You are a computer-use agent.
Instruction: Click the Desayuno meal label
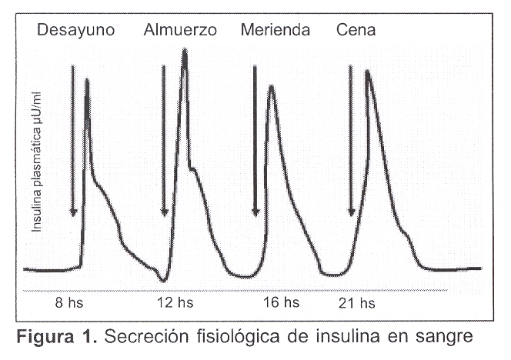pos(76,31)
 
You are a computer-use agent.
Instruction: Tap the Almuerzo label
pos(180,31)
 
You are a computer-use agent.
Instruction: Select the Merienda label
pos(275,31)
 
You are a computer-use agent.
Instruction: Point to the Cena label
pos(356,31)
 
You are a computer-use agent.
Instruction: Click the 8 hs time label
pos(70,303)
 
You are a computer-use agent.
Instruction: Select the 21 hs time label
pos(356,303)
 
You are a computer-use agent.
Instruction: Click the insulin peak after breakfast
pos(86,80)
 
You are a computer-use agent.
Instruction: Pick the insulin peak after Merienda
pos(271,86)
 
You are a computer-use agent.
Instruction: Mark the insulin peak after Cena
pos(368,72)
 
